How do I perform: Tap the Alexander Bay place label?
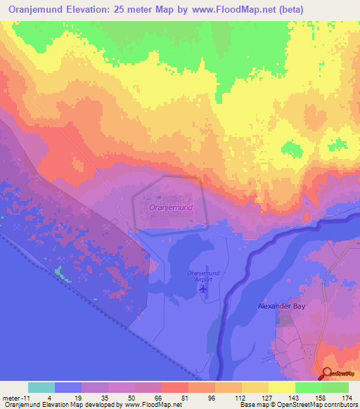280,306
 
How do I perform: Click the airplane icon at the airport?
205,288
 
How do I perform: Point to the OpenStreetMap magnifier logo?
328,374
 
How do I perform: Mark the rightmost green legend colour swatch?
335,387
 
